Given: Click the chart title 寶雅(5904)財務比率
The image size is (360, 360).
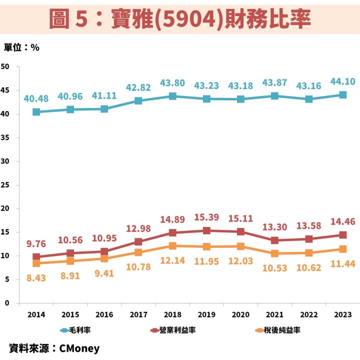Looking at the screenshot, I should (180, 18).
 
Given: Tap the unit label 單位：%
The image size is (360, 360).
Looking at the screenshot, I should (21, 47).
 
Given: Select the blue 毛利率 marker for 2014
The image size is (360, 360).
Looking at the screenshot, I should (36, 112).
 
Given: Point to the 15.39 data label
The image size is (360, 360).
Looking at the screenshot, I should (206, 217).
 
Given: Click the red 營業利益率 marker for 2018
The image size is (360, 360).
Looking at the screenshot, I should (172, 232).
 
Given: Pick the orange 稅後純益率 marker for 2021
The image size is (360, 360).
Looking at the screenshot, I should (274, 253).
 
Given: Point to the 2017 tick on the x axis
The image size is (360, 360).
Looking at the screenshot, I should (138, 314).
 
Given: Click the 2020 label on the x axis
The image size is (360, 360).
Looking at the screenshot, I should (240, 314).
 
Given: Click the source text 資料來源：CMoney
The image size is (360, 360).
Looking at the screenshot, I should (54, 348).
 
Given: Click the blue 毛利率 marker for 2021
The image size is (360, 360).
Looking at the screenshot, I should (274, 96).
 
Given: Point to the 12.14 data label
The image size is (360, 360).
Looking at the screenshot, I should (172, 261).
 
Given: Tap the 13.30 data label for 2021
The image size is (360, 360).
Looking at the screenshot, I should (274, 227).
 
